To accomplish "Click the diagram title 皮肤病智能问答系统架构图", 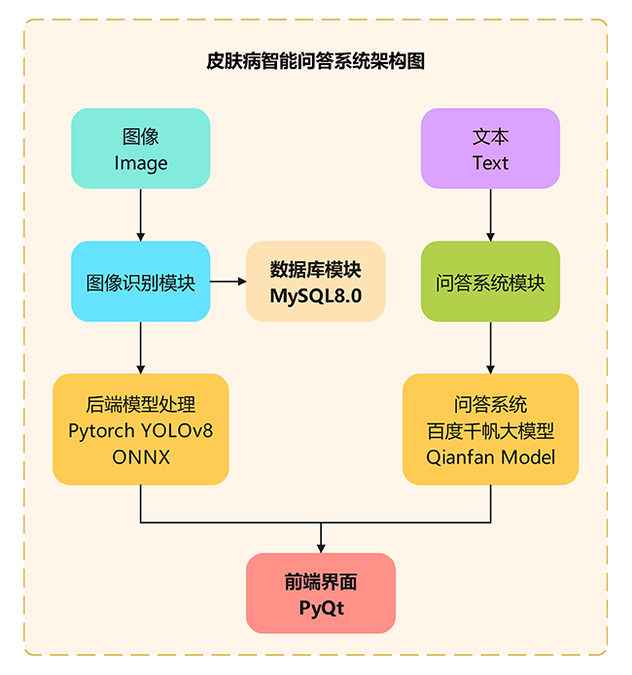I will click(316, 61).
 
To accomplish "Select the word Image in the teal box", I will click(141, 163).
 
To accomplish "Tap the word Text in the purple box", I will click(490, 163).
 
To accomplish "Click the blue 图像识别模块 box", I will click(141, 283).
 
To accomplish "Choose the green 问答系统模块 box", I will click(490, 283).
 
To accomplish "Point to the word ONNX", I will click(141, 456).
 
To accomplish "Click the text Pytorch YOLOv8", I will click(141, 429).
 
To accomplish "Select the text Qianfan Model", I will click(490, 456).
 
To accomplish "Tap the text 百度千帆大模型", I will click(490, 429).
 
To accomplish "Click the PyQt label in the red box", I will click(321, 609).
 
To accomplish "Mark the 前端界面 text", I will click(321, 582).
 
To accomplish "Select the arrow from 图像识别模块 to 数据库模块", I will click(228, 282).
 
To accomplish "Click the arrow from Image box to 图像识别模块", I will click(141, 215).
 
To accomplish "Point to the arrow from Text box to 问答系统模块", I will click(490, 215).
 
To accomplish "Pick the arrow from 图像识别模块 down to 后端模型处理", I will click(141, 347).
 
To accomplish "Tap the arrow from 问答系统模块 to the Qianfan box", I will click(490, 347).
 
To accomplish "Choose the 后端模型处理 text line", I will click(141, 403).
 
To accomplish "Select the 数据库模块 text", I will click(316, 269).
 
